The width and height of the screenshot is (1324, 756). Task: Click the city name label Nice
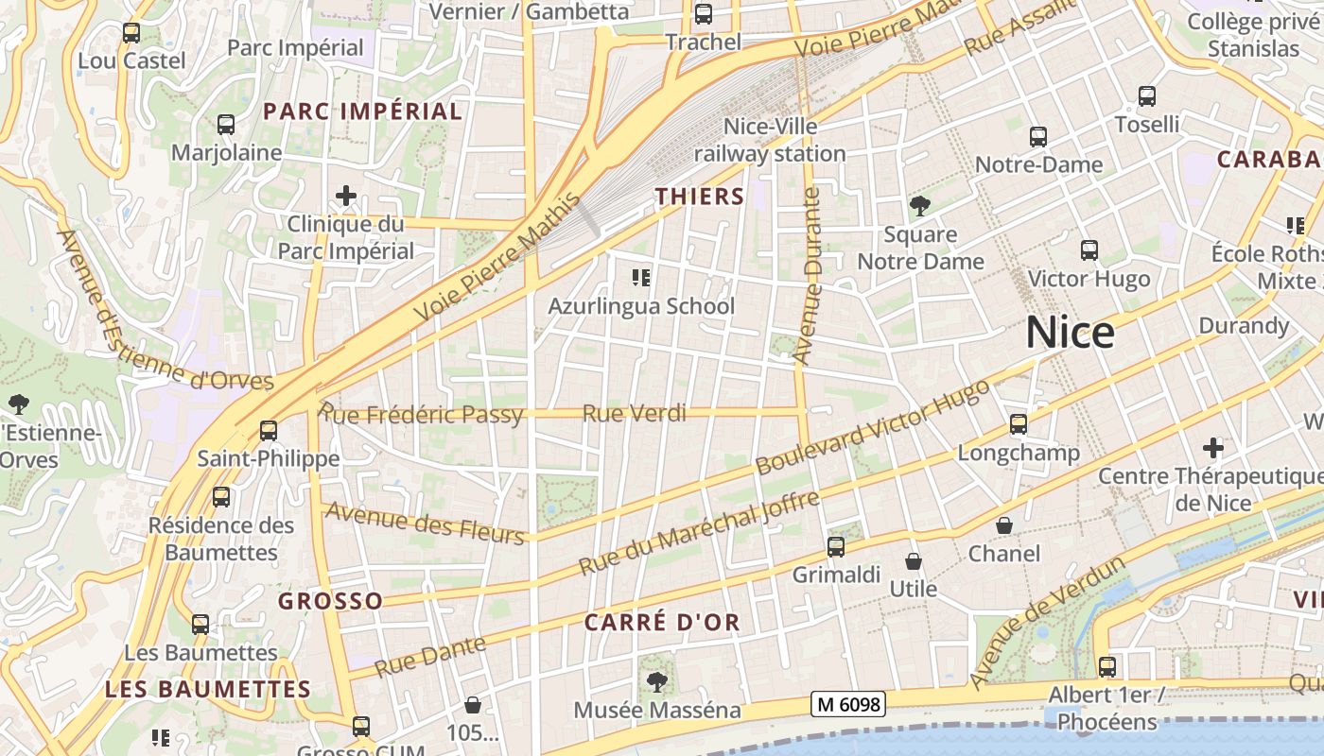pyautogui.click(x=1070, y=333)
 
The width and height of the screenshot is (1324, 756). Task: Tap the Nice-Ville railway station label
pyautogui.click(x=770, y=140)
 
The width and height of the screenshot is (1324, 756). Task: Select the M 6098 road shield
pyautogui.click(x=847, y=704)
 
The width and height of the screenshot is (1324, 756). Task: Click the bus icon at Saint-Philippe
pyautogui.click(x=269, y=431)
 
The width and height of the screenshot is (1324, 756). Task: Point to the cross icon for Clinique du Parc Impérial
pyautogui.click(x=346, y=197)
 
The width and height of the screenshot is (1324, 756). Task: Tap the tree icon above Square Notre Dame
pyautogui.click(x=919, y=206)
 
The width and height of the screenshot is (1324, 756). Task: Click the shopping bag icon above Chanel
pyautogui.click(x=1004, y=525)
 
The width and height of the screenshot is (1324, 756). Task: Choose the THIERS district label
pyautogui.click(x=701, y=197)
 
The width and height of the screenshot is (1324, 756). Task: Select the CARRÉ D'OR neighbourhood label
pyautogui.click(x=662, y=623)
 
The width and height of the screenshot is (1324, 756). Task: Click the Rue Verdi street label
pyautogui.click(x=635, y=413)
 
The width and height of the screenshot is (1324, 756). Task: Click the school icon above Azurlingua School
pyautogui.click(x=641, y=278)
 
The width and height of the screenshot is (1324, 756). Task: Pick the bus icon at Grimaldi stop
pyautogui.click(x=836, y=546)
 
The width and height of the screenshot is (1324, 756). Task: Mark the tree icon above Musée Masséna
pyautogui.click(x=656, y=681)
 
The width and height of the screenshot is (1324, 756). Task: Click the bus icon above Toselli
pyautogui.click(x=1147, y=96)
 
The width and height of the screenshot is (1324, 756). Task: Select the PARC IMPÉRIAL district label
pyautogui.click(x=363, y=112)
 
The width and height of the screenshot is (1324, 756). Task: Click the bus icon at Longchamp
pyautogui.click(x=1019, y=424)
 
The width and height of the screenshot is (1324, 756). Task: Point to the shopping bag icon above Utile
pyautogui.click(x=914, y=561)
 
